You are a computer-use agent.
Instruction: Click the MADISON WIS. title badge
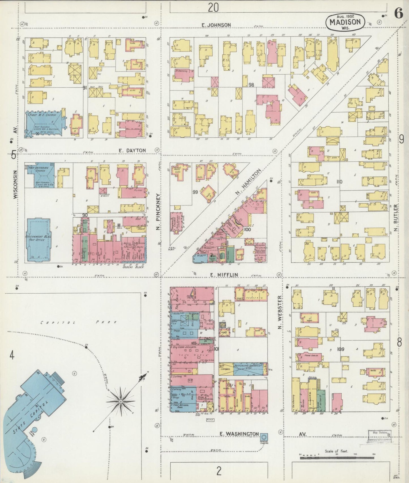click(345, 22)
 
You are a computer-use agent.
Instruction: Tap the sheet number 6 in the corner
click(399, 14)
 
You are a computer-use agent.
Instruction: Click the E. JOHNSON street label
click(216, 25)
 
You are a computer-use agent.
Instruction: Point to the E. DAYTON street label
click(132, 150)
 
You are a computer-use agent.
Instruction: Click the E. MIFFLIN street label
click(224, 274)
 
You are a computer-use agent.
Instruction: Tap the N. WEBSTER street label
click(280, 312)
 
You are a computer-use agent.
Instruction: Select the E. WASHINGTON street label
click(239, 434)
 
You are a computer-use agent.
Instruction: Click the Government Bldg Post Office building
click(38, 239)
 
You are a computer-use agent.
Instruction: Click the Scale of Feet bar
click(337, 456)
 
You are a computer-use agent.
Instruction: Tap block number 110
click(339, 182)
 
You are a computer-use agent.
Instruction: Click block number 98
click(251, 84)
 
